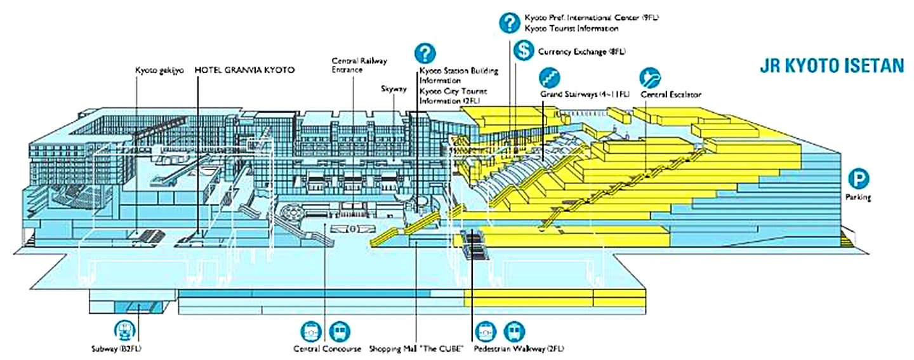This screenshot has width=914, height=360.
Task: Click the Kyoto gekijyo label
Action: point(159,70)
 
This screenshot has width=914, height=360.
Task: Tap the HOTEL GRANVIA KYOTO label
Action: point(244,70)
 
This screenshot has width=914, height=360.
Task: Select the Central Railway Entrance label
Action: point(359,65)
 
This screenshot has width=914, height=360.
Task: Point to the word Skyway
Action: point(394,89)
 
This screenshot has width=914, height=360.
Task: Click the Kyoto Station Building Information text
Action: point(459,75)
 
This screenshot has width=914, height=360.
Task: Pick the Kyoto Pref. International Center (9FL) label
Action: point(592,18)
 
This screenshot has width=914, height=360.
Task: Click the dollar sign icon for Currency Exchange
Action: point(524,50)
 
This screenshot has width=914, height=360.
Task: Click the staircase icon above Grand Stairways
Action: point(550,77)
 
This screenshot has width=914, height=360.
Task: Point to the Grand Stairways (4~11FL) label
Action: point(585,95)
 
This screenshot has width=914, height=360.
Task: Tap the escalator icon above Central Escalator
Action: point(650,77)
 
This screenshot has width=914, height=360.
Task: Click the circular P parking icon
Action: point(858,179)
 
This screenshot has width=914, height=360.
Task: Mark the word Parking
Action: point(858,197)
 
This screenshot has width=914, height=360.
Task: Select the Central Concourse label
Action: point(327,349)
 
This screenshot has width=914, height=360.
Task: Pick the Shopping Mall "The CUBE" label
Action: point(417,349)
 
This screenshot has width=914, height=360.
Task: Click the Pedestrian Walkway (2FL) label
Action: point(519,349)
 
